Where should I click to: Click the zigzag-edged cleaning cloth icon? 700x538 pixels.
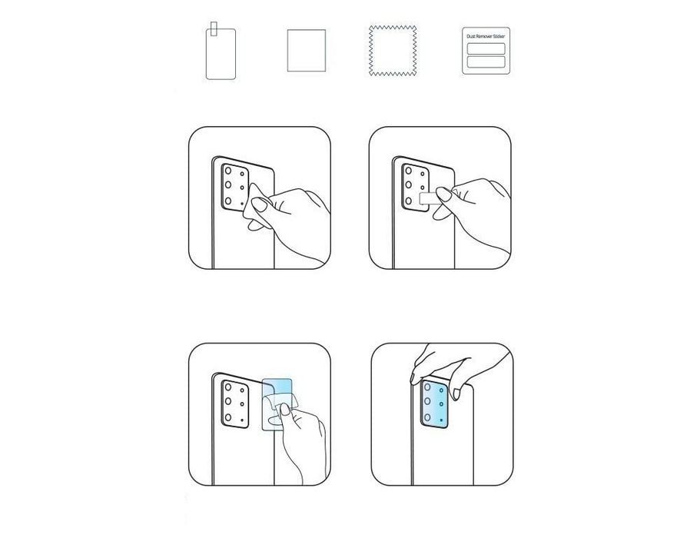tap(393, 51)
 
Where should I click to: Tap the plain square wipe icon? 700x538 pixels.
tap(306, 51)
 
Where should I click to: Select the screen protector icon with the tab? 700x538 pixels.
tap(219, 54)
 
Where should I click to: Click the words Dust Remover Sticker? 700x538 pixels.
tap(486, 36)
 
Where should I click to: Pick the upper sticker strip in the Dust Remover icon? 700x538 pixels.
tap(486, 48)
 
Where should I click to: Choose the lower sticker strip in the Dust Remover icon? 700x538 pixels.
tap(486, 62)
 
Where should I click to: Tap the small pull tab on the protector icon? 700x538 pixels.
tap(215, 28)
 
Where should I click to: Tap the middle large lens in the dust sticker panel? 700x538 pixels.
tap(407, 187)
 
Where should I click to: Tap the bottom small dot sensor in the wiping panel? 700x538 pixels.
tap(242, 200)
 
